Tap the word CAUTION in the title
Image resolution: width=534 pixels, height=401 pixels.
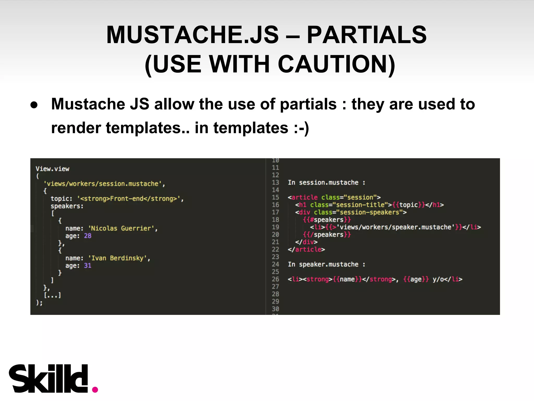[336, 64]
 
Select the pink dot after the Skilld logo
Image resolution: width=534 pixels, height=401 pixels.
[95, 390]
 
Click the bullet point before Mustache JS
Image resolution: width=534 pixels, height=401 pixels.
[34, 105]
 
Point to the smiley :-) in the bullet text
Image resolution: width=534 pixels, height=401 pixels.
[301, 128]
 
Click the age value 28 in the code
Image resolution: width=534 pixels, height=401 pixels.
[88, 236]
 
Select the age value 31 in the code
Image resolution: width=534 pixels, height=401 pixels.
[88, 266]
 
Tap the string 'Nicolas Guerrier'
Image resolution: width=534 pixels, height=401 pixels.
[122, 228]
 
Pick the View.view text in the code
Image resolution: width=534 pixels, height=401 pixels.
[52, 169]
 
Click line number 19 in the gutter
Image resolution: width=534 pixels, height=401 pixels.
[275, 227]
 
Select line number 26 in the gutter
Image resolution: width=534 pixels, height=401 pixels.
[275, 279]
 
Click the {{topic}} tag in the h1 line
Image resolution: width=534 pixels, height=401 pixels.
[409, 205]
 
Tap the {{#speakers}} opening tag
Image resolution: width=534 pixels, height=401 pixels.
[327, 220]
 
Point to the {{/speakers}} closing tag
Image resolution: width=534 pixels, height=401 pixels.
[327, 235]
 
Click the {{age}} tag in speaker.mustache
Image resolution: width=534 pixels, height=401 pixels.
[416, 279]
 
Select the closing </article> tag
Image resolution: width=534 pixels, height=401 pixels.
[306, 249]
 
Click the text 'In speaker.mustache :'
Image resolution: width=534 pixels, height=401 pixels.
[326, 264]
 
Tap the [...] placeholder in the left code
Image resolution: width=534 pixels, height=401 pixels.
[52, 295]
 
